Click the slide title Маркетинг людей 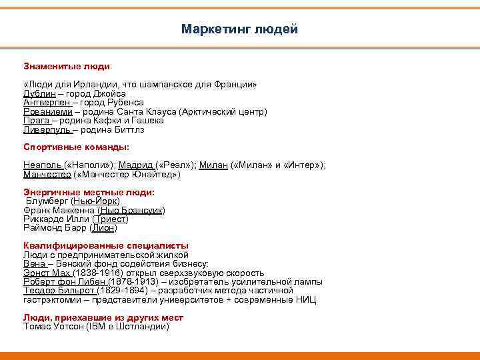(239, 29)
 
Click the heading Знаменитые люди (67, 67)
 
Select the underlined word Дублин (38, 94)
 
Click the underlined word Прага (36, 121)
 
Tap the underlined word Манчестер (47, 175)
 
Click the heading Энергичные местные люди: (89, 192)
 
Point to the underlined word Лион (103, 228)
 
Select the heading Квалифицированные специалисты (106, 245)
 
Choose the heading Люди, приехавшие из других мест (103, 318)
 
